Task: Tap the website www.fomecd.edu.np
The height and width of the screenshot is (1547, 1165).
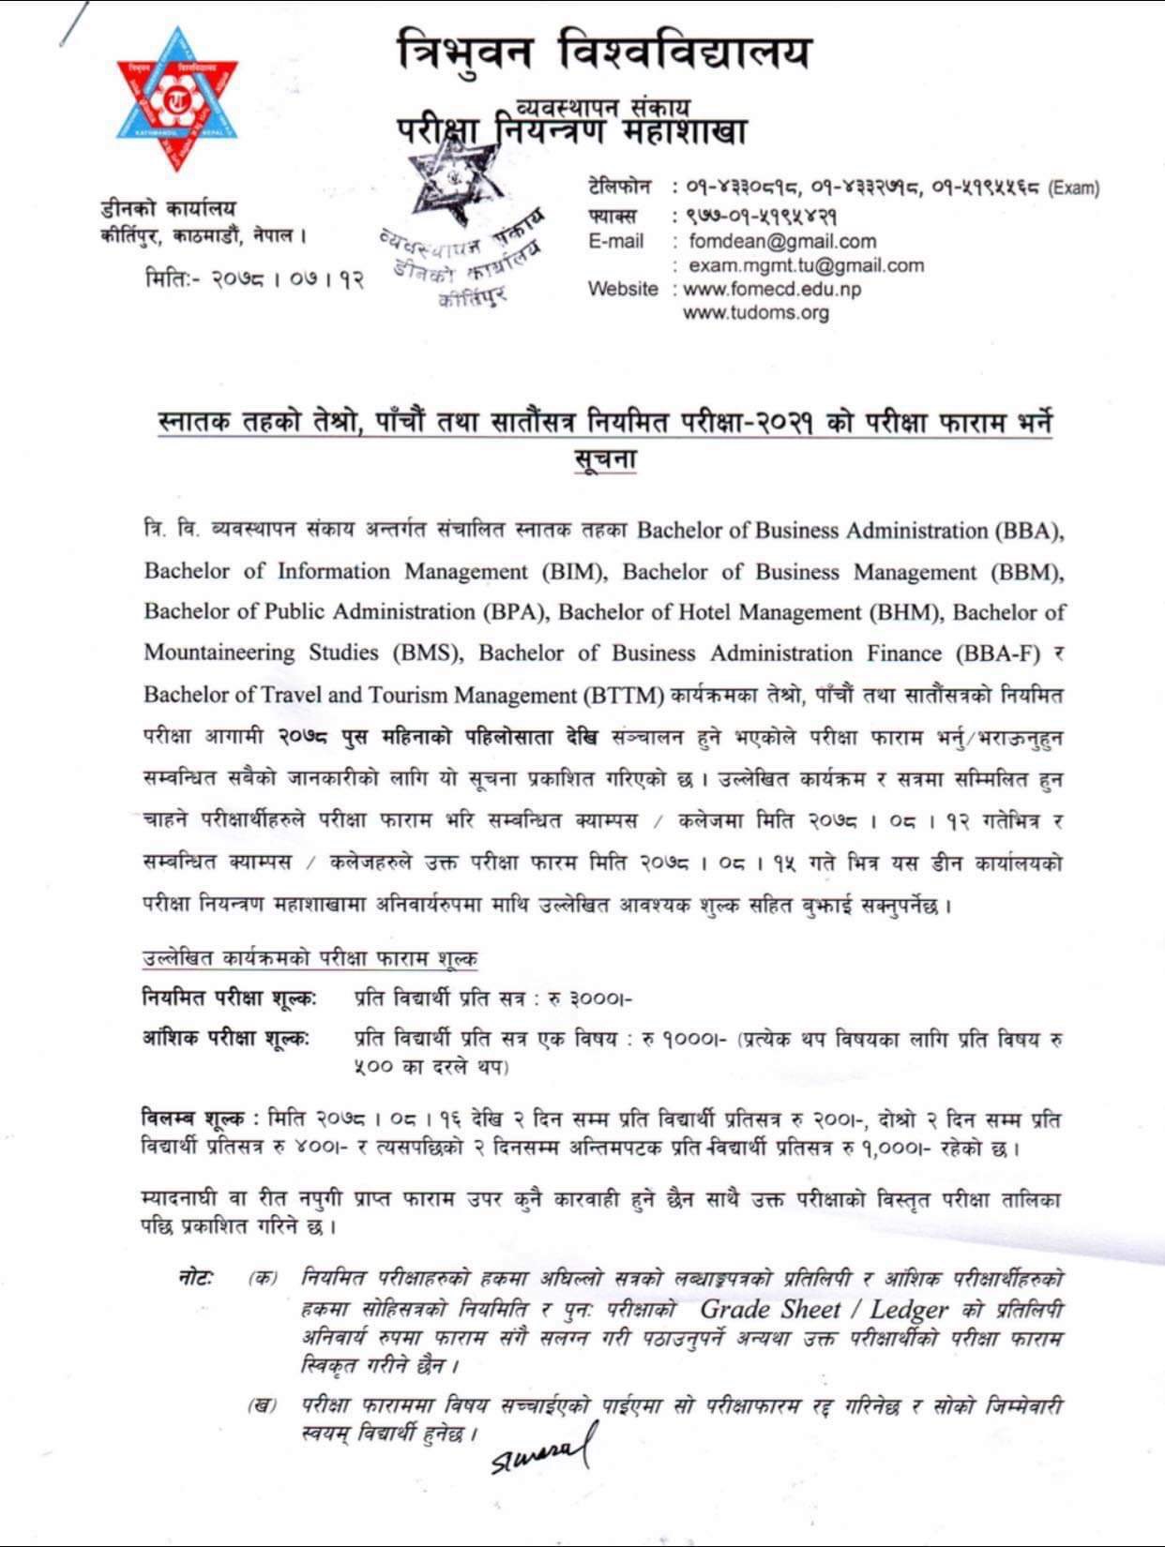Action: coord(771,289)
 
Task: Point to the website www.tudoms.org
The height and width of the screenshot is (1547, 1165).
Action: coord(756,312)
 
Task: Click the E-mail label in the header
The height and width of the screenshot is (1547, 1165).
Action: coord(616,242)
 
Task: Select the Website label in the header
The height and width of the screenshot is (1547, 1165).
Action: coord(623,289)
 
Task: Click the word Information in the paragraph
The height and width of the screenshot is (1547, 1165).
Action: coord(332,571)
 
